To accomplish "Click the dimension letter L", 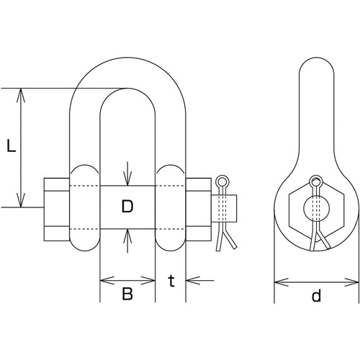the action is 11,145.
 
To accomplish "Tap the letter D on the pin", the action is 127,207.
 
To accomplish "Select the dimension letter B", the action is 127,294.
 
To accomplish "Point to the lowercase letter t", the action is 171,281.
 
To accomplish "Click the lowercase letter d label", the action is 316,295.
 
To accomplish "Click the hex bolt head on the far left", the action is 57,210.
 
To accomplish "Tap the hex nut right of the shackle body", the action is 199,210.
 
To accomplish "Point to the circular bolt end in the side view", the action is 316,207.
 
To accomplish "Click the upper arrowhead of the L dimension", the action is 21,95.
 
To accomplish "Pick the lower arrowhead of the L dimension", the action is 21,200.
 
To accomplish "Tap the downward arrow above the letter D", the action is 127,174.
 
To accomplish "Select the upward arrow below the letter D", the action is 127,240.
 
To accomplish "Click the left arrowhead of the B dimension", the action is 107,280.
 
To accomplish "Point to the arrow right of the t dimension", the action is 199,280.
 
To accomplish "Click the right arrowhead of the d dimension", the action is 352,282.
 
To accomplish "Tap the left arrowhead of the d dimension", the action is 282,282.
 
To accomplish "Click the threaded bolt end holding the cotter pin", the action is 224,208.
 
